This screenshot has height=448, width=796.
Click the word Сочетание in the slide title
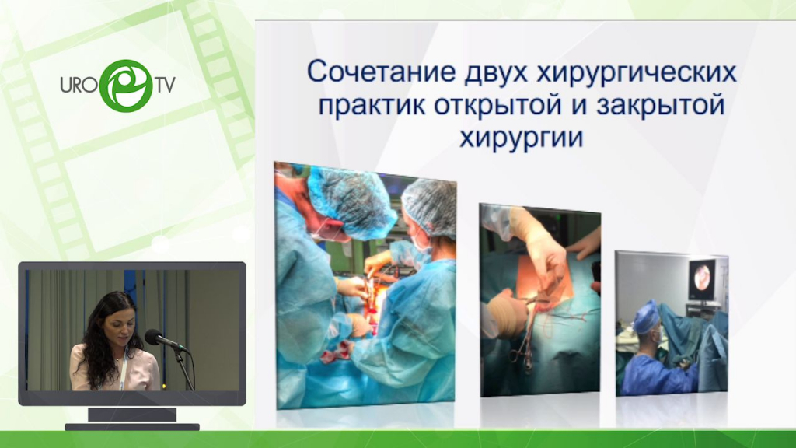[x=381, y=72]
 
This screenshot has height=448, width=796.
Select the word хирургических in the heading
[x=637, y=73]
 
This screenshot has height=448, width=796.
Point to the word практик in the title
[x=372, y=106]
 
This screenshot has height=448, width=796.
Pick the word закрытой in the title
[x=660, y=106]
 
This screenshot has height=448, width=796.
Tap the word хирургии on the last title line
[x=522, y=138]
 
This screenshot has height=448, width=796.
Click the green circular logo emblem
[x=126, y=86]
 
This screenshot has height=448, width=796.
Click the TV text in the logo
[x=165, y=85]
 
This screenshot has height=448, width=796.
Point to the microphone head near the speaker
[x=154, y=337]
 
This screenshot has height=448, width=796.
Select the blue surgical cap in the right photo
[x=646, y=317]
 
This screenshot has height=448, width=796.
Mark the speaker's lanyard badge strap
[x=123, y=370]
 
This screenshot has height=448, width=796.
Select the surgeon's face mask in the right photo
[x=656, y=336]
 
